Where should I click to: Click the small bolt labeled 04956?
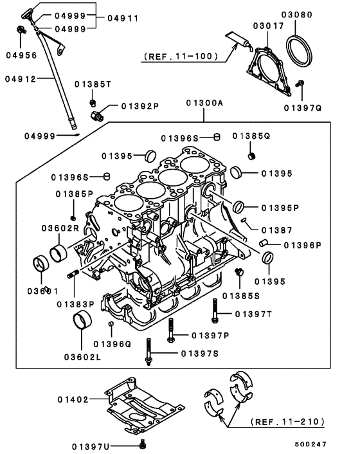(x=21, y=30)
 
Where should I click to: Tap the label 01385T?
(x=93, y=84)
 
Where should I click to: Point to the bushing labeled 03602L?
(x=82, y=320)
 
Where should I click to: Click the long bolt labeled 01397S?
(x=149, y=352)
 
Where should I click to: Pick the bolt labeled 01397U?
(x=142, y=444)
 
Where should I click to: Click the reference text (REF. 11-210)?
(x=285, y=422)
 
